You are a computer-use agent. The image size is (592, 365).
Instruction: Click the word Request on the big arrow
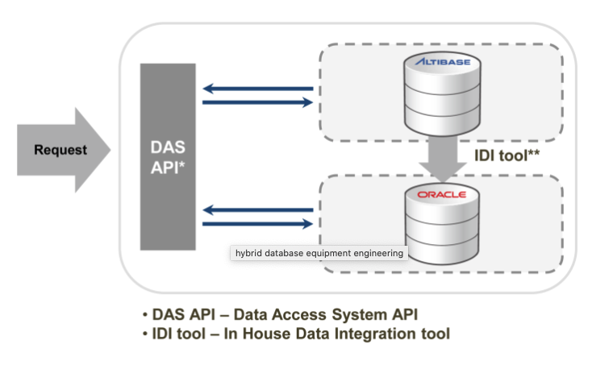pyautogui.click(x=60, y=150)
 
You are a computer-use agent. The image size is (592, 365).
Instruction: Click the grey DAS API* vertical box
pyautogui.click(x=168, y=156)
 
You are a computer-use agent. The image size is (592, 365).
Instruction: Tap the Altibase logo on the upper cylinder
pyautogui.click(x=443, y=61)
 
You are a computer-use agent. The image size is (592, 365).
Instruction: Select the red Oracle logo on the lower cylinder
pyautogui.click(x=442, y=194)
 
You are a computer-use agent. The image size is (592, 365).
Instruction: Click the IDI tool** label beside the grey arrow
pyautogui.click(x=507, y=156)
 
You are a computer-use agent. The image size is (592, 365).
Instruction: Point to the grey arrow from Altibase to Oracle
pyautogui.click(x=443, y=159)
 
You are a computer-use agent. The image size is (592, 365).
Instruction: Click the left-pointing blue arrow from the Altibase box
pyautogui.click(x=258, y=89)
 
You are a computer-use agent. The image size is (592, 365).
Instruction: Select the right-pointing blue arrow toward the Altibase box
pyautogui.click(x=258, y=102)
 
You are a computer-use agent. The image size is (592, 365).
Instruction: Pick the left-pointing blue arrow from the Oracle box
pyautogui.click(x=258, y=210)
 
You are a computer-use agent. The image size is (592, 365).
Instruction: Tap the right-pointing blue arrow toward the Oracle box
pyautogui.click(x=258, y=224)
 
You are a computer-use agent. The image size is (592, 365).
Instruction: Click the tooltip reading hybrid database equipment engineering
pyautogui.click(x=319, y=253)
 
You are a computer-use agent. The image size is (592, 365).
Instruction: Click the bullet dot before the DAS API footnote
pyautogui.click(x=145, y=315)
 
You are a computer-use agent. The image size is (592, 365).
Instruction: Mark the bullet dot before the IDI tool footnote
pyautogui.click(x=145, y=334)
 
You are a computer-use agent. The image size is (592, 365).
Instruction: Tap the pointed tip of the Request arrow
pyautogui.click(x=110, y=150)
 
